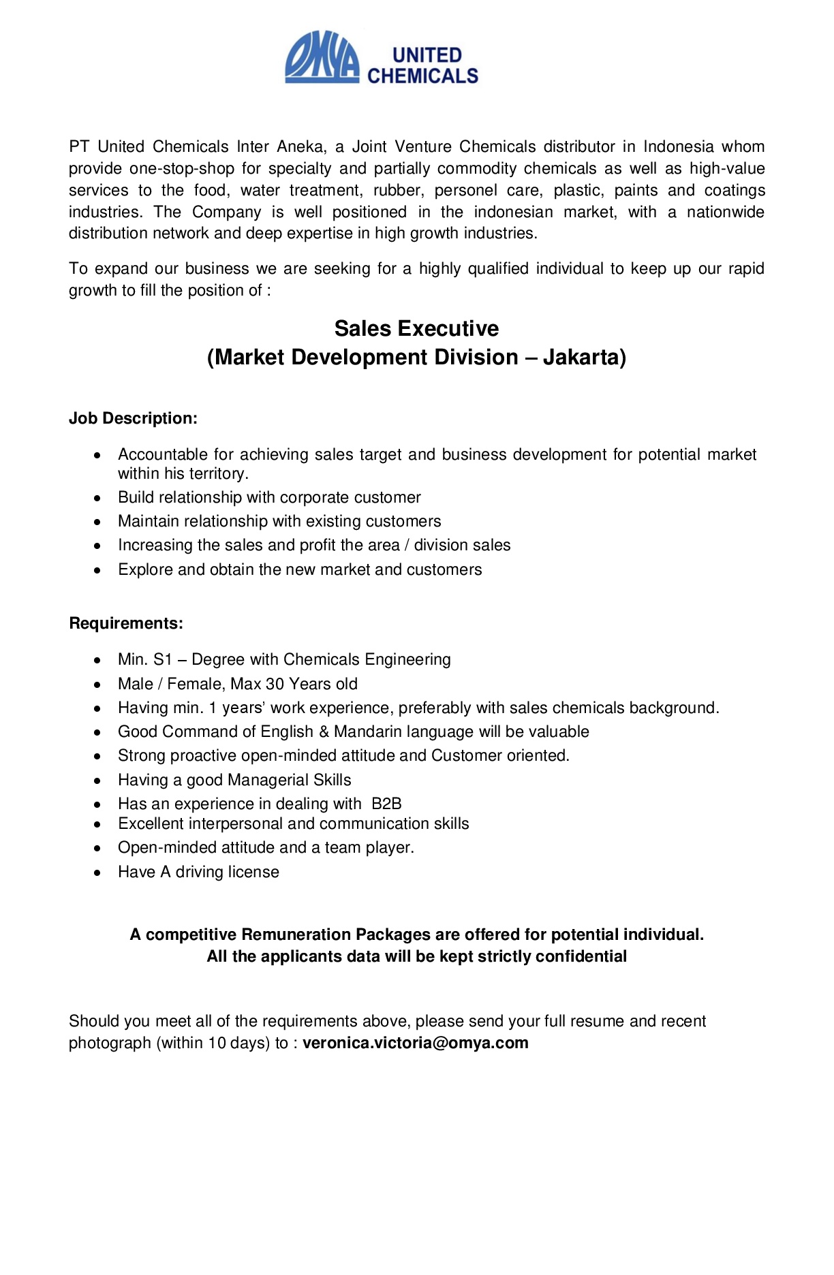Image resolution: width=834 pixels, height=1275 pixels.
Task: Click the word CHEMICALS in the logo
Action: click(x=422, y=76)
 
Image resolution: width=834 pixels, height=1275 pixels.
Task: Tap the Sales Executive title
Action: click(x=416, y=329)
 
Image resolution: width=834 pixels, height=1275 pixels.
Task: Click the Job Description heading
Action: click(x=133, y=418)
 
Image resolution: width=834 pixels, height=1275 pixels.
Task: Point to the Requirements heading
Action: click(x=126, y=623)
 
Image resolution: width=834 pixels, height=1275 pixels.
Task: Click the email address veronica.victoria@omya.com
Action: click(x=416, y=1043)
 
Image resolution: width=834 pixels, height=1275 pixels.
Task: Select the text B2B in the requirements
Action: click(x=387, y=804)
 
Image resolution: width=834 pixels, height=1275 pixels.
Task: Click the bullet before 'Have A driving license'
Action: click(x=99, y=872)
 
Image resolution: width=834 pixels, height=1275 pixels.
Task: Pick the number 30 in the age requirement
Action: click(x=275, y=684)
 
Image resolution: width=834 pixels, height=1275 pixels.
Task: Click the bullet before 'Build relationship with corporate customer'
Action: click(x=99, y=498)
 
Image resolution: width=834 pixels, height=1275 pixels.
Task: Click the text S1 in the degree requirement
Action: click(x=163, y=659)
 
